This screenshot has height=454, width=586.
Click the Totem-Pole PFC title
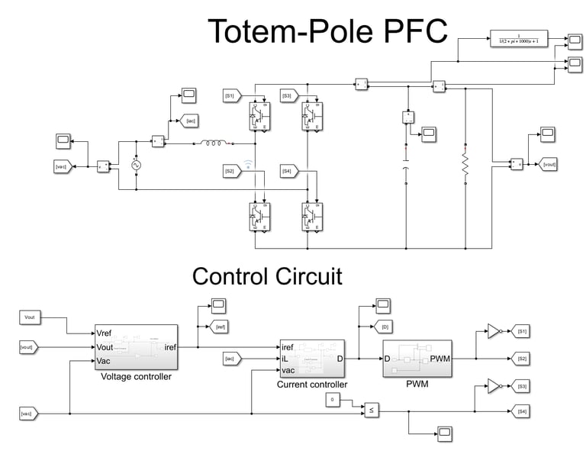[328, 32]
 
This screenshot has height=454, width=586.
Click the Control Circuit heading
[267, 275]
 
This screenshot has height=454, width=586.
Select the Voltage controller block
[136, 347]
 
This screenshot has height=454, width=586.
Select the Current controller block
[312, 358]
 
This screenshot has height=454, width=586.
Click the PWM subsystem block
[416, 358]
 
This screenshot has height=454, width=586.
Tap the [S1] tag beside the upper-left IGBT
[231, 95]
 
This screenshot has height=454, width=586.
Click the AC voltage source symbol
[137, 165]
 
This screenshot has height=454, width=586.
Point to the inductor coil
[214, 143]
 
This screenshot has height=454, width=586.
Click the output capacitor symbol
[406, 168]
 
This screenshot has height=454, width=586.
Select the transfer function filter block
[519, 39]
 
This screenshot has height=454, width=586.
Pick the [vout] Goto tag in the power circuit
[549, 164]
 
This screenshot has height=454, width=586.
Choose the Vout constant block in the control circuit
[31, 317]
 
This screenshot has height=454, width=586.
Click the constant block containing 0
[332, 399]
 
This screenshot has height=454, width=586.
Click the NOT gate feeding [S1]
[494, 331]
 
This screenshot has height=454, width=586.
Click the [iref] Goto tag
[220, 327]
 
